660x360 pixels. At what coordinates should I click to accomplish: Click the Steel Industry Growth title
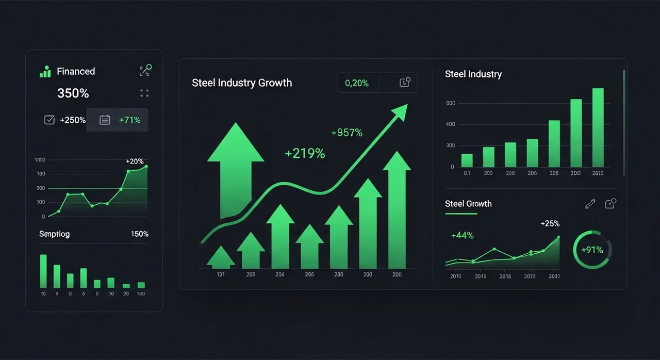[x=242, y=83]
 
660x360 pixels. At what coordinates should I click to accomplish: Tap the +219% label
[x=305, y=153]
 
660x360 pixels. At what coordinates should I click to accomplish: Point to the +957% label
[x=346, y=133]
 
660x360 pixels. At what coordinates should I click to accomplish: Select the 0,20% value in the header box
[x=357, y=83]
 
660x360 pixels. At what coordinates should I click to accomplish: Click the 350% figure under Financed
[x=73, y=93]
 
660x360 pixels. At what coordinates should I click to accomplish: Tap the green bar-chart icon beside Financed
[x=45, y=71]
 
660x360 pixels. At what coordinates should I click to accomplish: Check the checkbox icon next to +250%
[x=49, y=120]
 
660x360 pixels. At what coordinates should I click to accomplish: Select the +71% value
[x=129, y=120]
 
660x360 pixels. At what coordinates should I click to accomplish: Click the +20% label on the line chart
[x=135, y=161]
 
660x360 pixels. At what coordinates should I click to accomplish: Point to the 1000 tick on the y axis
[x=40, y=160]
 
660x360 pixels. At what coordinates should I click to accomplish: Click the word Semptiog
[x=54, y=234]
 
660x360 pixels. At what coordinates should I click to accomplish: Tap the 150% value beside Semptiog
[x=140, y=234]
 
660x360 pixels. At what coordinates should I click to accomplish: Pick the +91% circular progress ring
[x=592, y=250]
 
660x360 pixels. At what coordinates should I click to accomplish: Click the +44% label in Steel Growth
[x=462, y=236]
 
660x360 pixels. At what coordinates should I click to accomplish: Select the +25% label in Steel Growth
[x=550, y=224]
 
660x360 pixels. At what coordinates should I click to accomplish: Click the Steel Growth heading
[x=468, y=204]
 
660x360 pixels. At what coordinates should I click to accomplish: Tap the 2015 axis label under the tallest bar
[x=598, y=173]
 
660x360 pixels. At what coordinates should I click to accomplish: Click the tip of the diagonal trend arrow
[x=406, y=105]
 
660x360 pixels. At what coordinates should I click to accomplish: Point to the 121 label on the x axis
[x=220, y=275]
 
